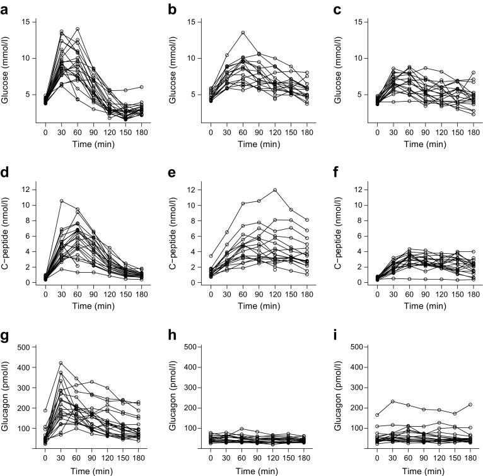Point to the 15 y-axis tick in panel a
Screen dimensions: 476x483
pyautogui.click(x=26, y=22)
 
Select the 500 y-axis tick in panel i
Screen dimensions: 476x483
pyautogui.click(x=356, y=347)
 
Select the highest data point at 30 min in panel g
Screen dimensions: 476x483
pyautogui.click(x=61, y=363)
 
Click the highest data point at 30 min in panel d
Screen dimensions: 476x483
pyautogui.click(x=61, y=201)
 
